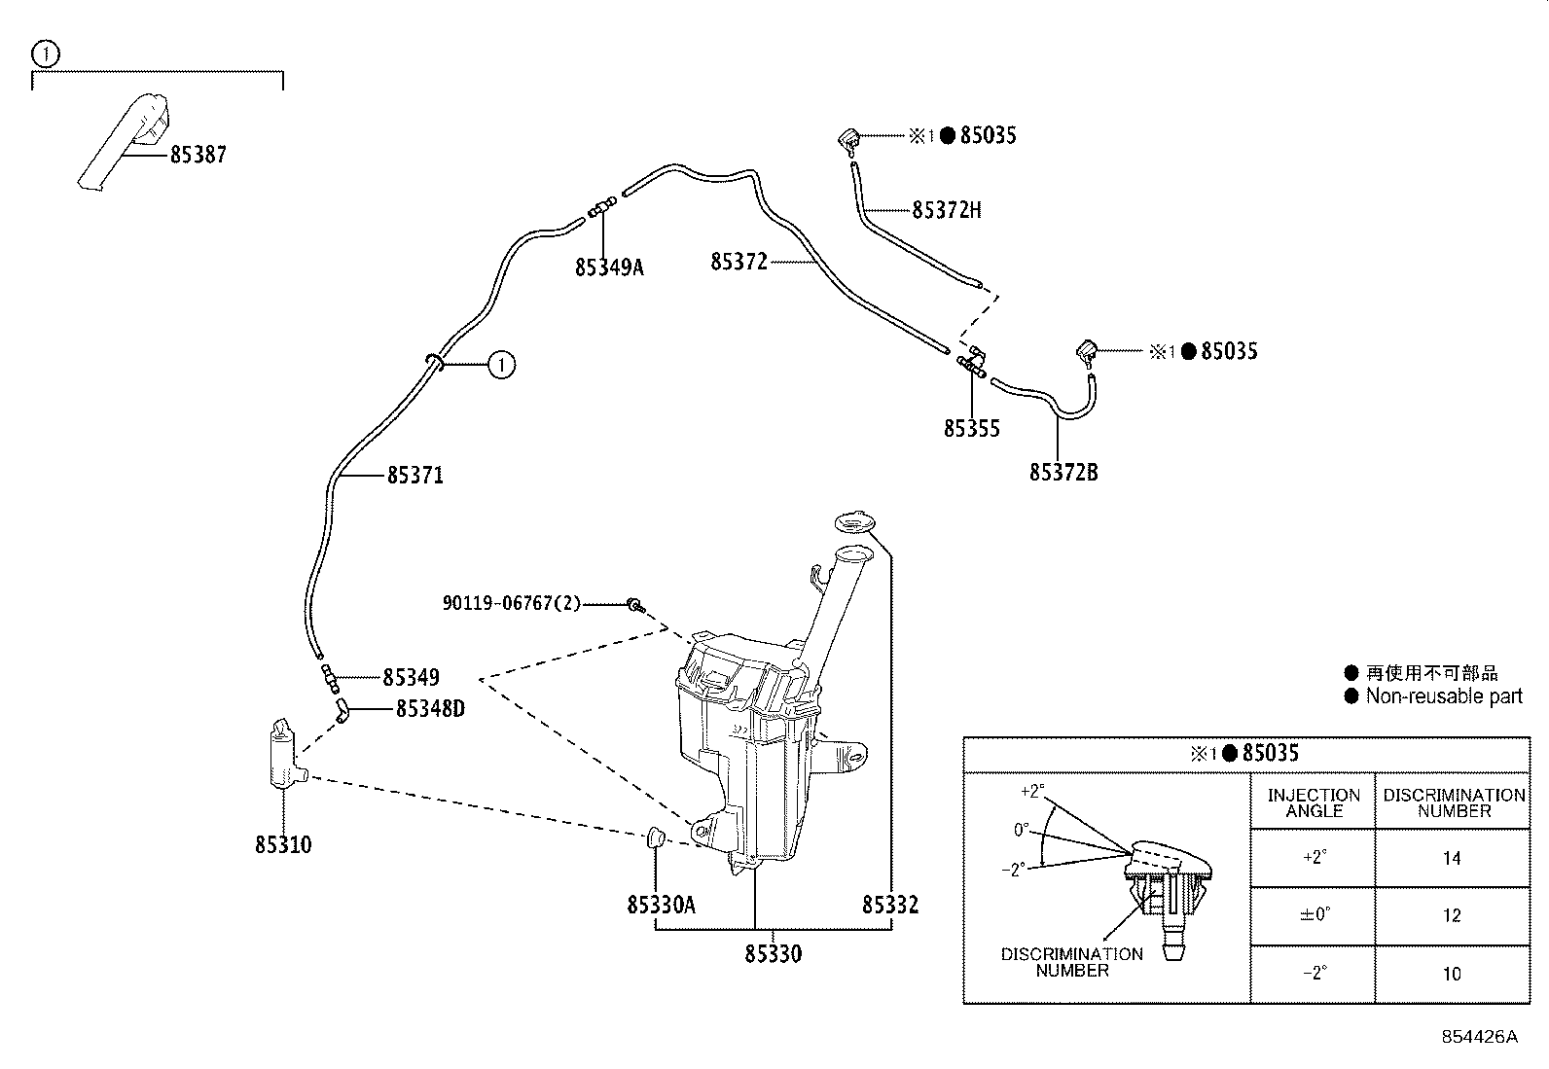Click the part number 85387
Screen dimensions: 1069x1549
(198, 155)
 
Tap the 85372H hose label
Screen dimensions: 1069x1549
(947, 210)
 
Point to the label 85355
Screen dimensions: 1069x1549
(971, 429)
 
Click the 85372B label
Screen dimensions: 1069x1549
(1063, 473)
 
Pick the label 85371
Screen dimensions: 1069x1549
(415, 476)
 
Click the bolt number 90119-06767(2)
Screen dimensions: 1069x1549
(511, 604)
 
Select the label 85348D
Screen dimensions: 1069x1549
(430, 709)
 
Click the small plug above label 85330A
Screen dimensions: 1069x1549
(655, 836)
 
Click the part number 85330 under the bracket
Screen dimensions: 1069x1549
(774, 954)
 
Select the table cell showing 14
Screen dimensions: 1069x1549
(1452, 858)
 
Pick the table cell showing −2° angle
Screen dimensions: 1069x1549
(1314, 974)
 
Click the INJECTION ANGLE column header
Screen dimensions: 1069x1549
(1314, 802)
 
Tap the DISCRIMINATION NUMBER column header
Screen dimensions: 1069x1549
(1454, 802)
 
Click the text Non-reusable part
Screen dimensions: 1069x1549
(1444, 696)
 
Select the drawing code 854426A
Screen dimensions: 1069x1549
(1479, 1037)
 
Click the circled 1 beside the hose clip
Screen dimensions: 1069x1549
(500, 366)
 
